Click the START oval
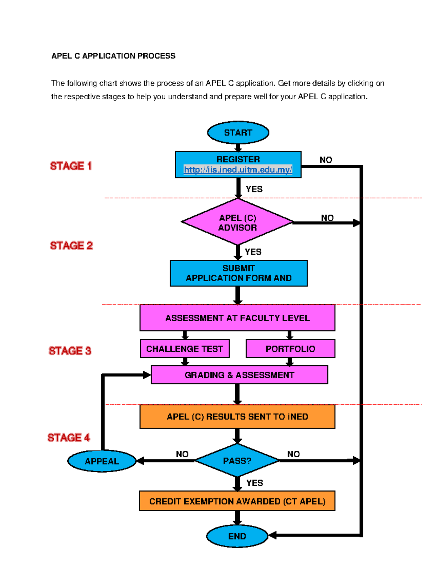[238, 132]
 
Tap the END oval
[237, 536]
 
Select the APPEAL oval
[102, 461]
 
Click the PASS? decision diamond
[237, 461]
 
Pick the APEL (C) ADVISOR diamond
[238, 222]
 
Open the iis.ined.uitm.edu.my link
[238, 170]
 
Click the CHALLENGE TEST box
[185, 349]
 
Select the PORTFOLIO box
[290, 349]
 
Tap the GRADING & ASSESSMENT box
[239, 375]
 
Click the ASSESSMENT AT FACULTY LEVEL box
[237, 318]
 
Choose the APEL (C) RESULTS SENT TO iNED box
[237, 417]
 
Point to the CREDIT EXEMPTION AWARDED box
[237, 501]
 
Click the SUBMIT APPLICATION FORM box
[238, 273]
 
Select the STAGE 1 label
[71, 166]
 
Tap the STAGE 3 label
[70, 351]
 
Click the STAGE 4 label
[69, 437]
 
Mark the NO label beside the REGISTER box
[326, 160]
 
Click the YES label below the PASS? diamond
[254, 483]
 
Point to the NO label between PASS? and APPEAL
[182, 454]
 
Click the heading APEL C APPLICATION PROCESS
[113, 56]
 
